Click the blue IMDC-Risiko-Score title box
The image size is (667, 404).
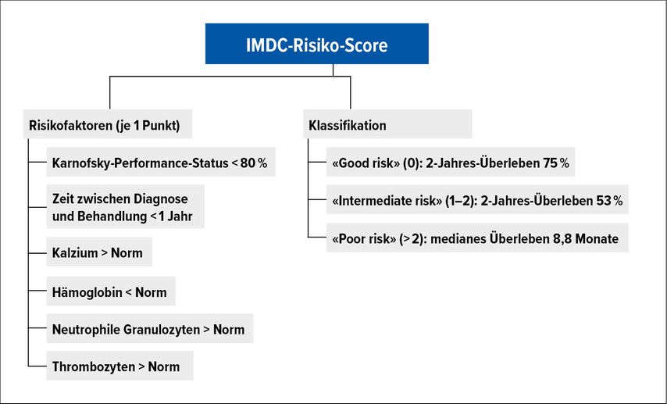317,44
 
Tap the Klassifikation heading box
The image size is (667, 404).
387,124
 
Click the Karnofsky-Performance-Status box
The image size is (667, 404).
161,163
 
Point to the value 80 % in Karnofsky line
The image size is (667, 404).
254,163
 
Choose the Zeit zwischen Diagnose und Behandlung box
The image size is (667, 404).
126,207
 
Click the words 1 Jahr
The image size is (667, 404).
176,216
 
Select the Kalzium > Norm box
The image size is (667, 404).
99,252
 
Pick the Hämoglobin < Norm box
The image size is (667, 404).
111,291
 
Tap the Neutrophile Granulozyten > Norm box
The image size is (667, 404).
150,329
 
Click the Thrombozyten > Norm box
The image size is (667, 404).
120,366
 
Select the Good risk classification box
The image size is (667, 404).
451,163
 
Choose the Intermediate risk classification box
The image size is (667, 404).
477,200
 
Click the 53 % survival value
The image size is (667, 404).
609,200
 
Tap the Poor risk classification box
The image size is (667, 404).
477,238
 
